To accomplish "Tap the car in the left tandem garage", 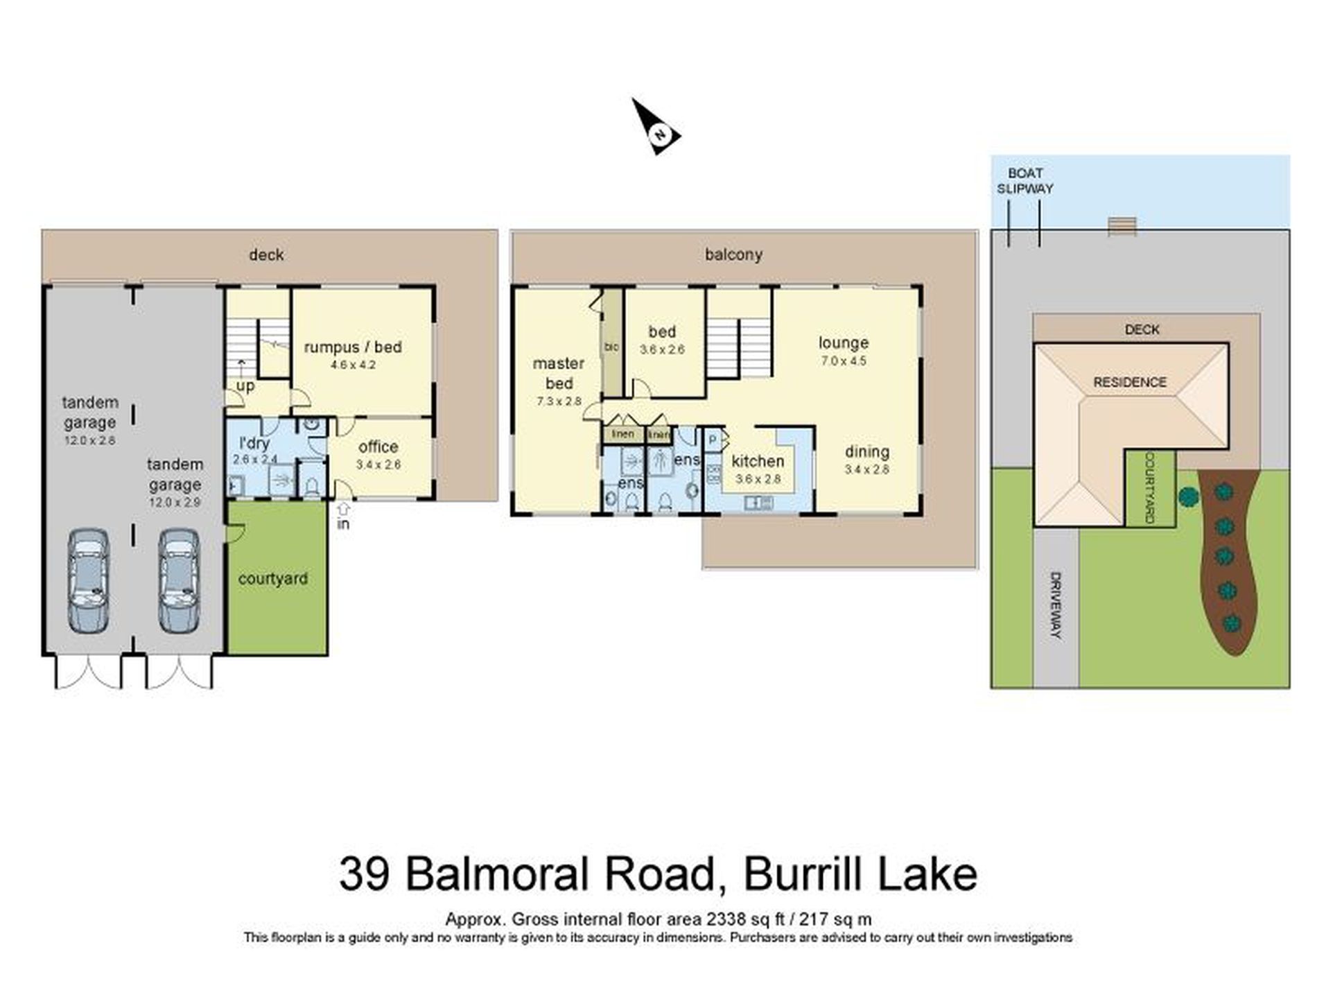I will tap(89, 581).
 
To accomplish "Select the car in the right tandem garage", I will tap(179, 581).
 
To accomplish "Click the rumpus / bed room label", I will tap(353, 347).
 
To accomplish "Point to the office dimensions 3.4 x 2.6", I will tap(378, 465).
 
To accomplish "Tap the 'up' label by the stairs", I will tap(245, 386).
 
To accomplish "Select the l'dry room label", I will tap(254, 444).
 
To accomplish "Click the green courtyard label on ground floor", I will tap(273, 579).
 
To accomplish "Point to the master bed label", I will tap(559, 373).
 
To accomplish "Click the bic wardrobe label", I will tap(611, 347).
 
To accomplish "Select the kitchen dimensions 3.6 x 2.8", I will tap(758, 479).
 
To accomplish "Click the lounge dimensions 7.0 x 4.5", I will tap(844, 361).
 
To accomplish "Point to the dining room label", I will tap(867, 452).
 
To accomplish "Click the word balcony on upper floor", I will tap(733, 254).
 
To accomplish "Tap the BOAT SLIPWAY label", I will tap(1024, 181).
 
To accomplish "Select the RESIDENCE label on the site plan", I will tap(1130, 382).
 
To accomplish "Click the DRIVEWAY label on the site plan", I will tap(1055, 605).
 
